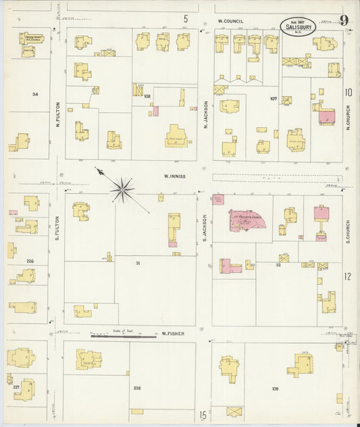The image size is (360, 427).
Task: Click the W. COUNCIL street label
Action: (230, 21)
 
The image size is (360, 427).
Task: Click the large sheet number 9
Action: (344, 20)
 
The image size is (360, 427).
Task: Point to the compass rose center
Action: (122, 189)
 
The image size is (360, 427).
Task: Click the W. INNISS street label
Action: (175, 177)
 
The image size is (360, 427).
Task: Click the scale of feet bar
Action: (117, 335)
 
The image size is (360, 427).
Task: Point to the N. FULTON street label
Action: (58, 114)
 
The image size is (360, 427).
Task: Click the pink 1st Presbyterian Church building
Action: (247, 220)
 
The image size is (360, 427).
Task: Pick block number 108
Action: (147, 96)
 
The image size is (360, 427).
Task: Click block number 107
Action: (274, 99)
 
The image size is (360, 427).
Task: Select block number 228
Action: (137, 388)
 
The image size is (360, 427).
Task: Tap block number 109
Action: (275, 388)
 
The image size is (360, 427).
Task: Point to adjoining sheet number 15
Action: (203, 416)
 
